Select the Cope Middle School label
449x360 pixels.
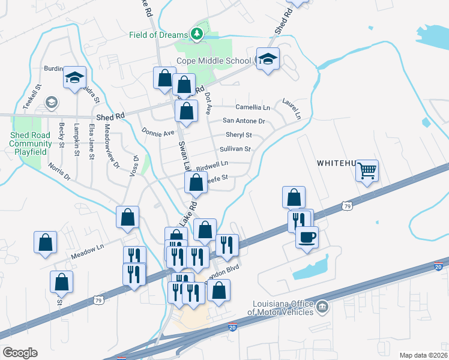point(214,61)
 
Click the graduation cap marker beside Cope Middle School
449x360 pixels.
point(268,59)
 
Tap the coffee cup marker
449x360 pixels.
point(307,237)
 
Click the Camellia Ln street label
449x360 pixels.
point(253,107)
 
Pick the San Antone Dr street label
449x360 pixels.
point(244,121)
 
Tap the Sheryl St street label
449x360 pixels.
point(238,135)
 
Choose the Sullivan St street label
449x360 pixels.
point(235,149)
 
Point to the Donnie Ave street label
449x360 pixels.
point(157,131)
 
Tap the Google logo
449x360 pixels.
point(20,353)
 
